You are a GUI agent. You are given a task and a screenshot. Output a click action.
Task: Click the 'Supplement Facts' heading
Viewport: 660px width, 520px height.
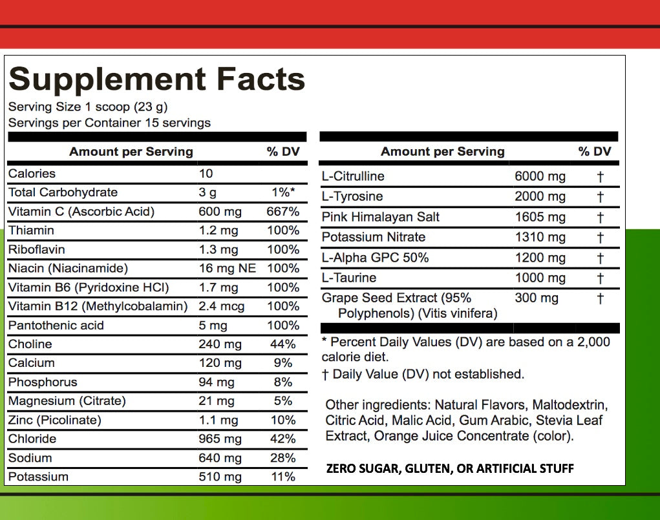[156, 79]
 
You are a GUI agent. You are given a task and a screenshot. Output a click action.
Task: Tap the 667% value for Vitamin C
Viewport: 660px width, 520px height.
[282, 212]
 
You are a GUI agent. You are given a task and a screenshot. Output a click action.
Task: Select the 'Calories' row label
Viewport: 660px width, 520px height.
[32, 174]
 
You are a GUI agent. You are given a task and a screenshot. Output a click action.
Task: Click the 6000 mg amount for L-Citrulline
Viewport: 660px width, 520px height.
[540, 176]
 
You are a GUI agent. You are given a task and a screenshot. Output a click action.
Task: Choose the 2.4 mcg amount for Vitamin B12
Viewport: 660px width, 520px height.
[222, 306]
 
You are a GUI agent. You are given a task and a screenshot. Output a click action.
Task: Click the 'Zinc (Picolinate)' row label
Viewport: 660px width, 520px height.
[55, 420]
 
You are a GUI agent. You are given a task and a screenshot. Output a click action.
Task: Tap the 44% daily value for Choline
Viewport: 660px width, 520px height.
[282, 344]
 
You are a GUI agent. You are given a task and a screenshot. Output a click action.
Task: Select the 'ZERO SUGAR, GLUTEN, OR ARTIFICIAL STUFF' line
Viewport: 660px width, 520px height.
[449, 468]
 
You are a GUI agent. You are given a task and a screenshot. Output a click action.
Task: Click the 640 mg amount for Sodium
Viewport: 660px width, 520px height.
[220, 458]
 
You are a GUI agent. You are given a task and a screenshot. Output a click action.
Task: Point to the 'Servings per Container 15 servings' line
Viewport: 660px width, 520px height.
[109, 123]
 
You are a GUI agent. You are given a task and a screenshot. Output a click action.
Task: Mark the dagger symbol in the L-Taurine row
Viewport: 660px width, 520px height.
[600, 278]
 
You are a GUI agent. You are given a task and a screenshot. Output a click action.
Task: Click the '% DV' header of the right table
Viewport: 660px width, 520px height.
[594, 152]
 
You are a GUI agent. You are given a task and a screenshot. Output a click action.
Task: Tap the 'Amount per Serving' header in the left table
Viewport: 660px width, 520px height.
[131, 152]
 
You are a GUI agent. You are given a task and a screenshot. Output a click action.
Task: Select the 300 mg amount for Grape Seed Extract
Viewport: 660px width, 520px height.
[536, 298]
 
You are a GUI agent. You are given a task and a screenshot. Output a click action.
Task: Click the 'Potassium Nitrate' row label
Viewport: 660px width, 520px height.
[374, 237]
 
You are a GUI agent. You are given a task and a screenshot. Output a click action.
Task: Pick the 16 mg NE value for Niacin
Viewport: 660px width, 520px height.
[227, 268]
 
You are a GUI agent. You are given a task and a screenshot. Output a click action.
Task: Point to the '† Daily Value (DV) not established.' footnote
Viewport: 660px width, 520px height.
[423, 374]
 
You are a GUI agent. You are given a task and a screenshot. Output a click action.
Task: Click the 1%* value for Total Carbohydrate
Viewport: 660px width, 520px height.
[283, 192]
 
